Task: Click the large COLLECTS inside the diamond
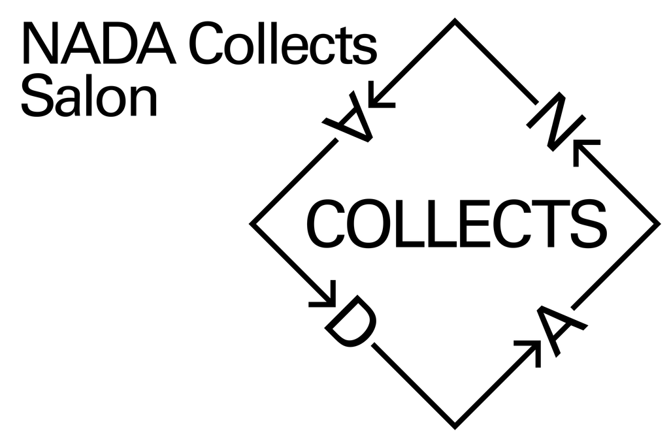(457, 224)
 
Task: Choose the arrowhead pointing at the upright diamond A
(532, 349)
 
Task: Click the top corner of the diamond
(455, 21)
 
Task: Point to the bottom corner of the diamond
(455, 427)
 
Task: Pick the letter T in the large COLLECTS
(547, 224)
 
